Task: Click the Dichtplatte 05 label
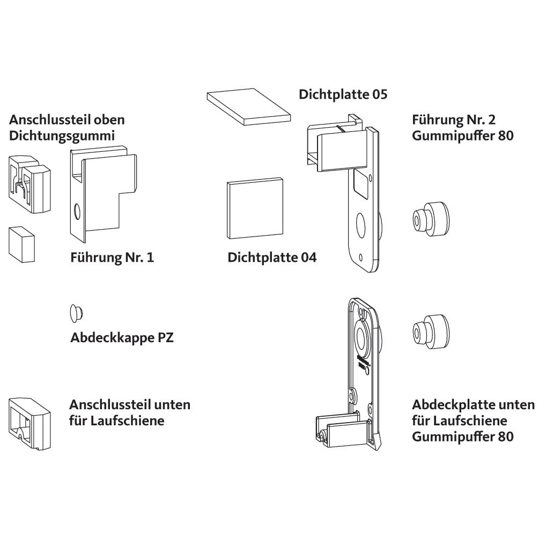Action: point(343,95)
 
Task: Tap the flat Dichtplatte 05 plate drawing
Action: point(248,107)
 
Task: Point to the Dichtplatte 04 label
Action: point(272,257)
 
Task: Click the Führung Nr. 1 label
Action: point(112,257)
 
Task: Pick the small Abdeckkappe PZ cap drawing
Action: point(75,313)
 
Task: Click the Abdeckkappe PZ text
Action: point(122,338)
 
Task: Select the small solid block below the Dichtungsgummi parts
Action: point(21,243)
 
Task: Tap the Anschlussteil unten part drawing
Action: point(29,422)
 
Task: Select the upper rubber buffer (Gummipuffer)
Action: point(430,219)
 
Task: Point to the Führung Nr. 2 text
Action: point(453,119)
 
